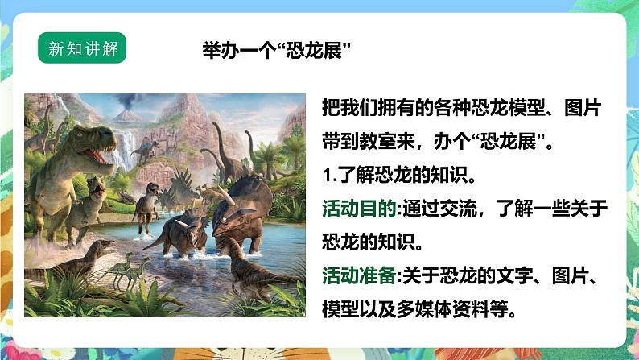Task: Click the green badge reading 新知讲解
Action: click(x=83, y=49)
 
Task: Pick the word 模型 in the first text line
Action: click(x=517, y=109)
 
